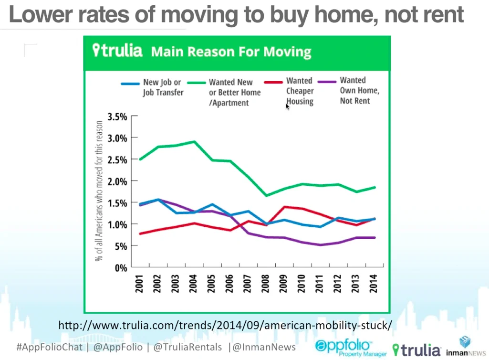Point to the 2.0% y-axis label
click(117, 181)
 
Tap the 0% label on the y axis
click(121, 268)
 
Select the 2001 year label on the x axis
click(139, 284)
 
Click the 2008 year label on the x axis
click(265, 284)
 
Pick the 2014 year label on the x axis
click(373, 284)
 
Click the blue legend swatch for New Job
click(130, 84)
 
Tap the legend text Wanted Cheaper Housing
click(300, 91)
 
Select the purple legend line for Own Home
click(327, 82)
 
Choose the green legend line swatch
click(196, 83)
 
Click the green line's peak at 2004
click(195, 142)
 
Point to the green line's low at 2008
click(267, 195)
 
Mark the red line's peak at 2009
click(284, 207)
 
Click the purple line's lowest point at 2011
click(321, 245)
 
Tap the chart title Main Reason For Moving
click(231, 52)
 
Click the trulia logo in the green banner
click(117, 50)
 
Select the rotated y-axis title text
click(99, 191)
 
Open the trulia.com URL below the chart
click(225, 325)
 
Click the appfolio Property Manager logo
click(351, 348)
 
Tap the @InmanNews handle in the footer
click(264, 347)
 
